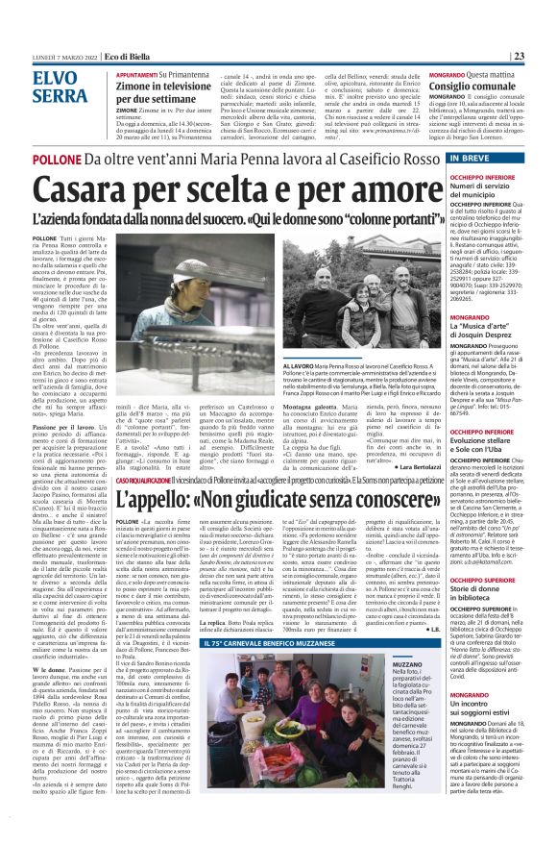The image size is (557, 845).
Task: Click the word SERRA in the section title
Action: (60, 96)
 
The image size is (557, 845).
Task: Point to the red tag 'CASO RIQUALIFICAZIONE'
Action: (149, 479)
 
